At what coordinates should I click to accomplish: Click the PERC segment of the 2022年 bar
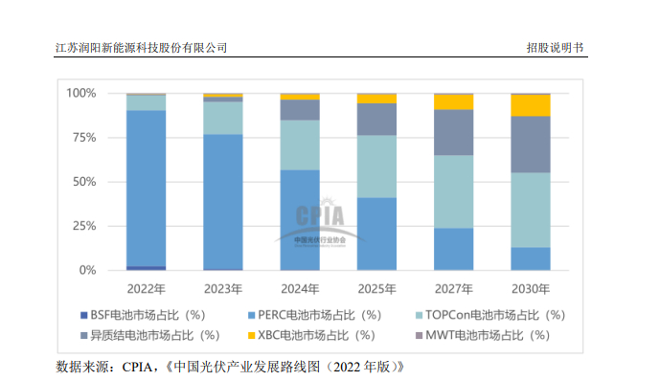pos(146,188)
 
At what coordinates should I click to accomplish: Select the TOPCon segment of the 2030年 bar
pos(531,210)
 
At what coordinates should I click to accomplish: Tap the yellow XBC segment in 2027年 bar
pos(453,101)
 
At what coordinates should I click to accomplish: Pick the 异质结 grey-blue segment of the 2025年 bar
pos(376,119)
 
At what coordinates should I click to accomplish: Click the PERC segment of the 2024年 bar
pos(300,219)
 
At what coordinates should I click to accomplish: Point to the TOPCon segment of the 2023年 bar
pos(222,117)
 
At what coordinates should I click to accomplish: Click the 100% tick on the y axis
pos(81,93)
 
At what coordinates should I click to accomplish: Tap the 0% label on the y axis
pos(88,270)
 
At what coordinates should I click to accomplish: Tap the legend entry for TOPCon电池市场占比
pos(489,314)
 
